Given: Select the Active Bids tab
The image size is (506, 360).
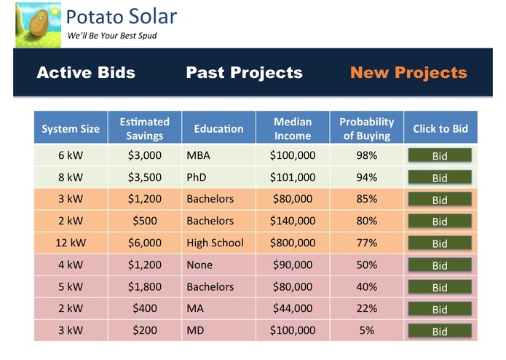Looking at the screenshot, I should click(86, 73).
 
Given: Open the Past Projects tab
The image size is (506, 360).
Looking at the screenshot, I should click(244, 73).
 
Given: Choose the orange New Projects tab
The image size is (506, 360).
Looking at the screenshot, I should click(408, 73).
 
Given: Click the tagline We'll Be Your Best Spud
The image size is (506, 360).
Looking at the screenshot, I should click(111, 36).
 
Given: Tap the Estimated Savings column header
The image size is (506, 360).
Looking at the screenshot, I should click(144, 128).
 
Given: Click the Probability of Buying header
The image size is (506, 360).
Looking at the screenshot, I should click(366, 128).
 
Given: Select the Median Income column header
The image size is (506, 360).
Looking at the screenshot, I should click(293, 128).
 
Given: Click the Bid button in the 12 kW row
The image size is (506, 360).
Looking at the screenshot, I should click(440, 243).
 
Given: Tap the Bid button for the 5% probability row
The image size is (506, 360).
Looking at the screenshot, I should click(440, 331).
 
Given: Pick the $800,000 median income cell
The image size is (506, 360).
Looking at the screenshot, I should click(293, 243).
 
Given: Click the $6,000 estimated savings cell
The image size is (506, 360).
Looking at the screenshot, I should click(144, 243).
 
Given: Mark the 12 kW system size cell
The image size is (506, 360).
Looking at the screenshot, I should click(71, 243).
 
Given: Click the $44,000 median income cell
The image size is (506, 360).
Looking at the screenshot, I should click(293, 308).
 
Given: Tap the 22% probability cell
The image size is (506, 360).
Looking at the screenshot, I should click(366, 308).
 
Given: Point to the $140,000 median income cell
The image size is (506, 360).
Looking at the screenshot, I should click(293, 221).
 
